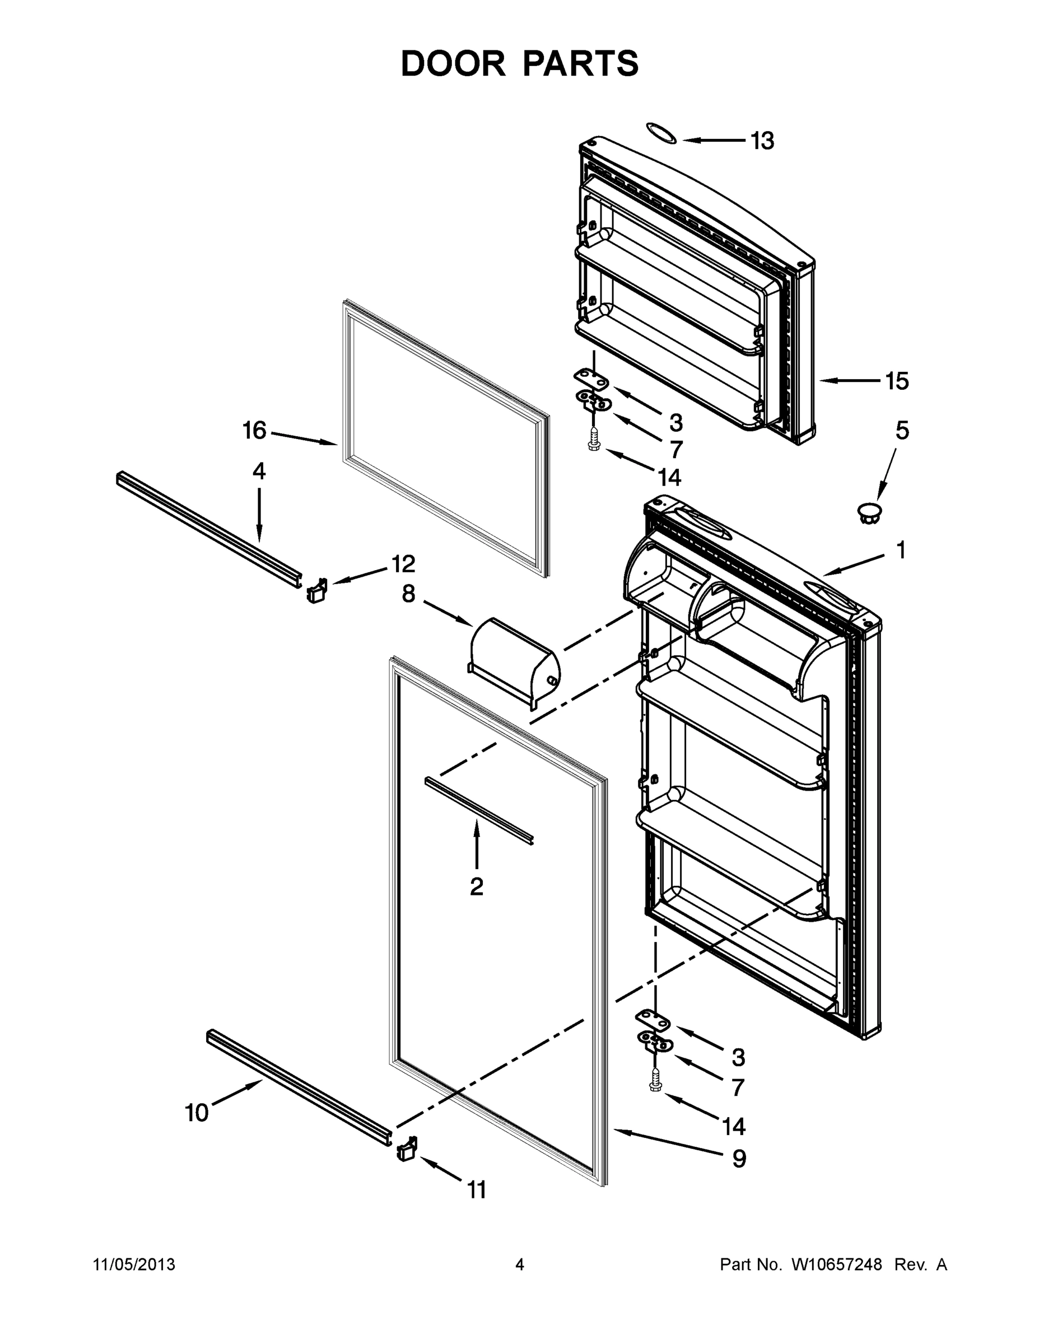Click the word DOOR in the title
click(x=453, y=63)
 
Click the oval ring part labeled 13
click(x=661, y=133)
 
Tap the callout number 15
click(x=897, y=381)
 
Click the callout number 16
click(x=254, y=431)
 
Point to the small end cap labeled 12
click(x=316, y=591)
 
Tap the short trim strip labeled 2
click(x=478, y=810)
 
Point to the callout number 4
click(x=259, y=472)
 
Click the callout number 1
click(x=901, y=550)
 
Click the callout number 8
click(x=408, y=594)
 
